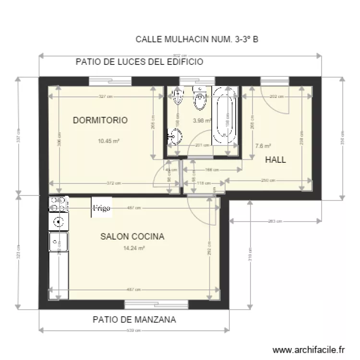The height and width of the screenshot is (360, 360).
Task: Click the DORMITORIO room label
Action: coord(100,120)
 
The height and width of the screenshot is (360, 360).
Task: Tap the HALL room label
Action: coord(276,160)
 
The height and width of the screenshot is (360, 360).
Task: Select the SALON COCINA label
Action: coord(132,237)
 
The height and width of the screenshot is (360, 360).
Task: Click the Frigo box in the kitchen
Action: coord(102,208)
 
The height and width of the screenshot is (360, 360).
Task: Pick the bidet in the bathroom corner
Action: coord(178,97)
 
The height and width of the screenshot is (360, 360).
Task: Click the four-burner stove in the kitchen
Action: coord(58,204)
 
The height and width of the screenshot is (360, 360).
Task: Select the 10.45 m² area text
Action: coord(108,141)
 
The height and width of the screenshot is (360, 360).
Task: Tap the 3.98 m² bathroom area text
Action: coord(202,121)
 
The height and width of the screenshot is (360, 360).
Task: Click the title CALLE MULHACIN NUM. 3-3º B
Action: coord(197,39)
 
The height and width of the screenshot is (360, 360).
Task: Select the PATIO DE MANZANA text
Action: coord(134,319)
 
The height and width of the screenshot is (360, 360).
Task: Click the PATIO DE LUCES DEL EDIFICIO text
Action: coord(139,62)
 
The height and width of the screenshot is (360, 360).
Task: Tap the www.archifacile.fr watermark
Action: coord(309,350)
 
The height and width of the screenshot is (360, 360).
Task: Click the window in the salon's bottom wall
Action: coord(156,304)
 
